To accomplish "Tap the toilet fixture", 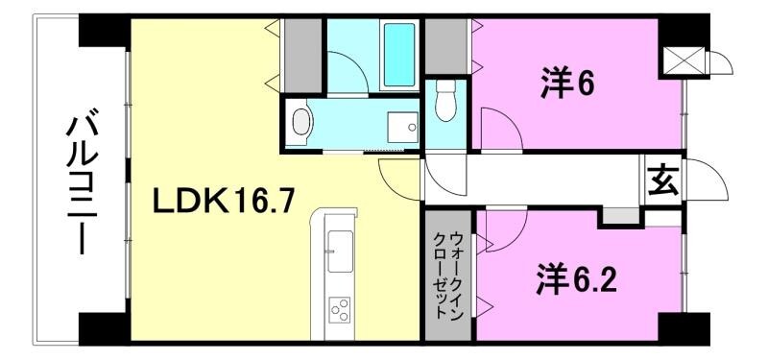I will click(444, 102).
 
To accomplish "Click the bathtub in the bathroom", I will click(398, 55).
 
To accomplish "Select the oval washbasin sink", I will click(301, 123).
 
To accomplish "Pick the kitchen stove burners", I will click(340, 309).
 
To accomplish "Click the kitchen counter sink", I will click(339, 252).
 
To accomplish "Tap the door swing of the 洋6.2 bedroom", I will click(506, 228).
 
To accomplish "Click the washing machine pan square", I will click(401, 127).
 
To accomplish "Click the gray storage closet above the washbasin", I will click(300, 53).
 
